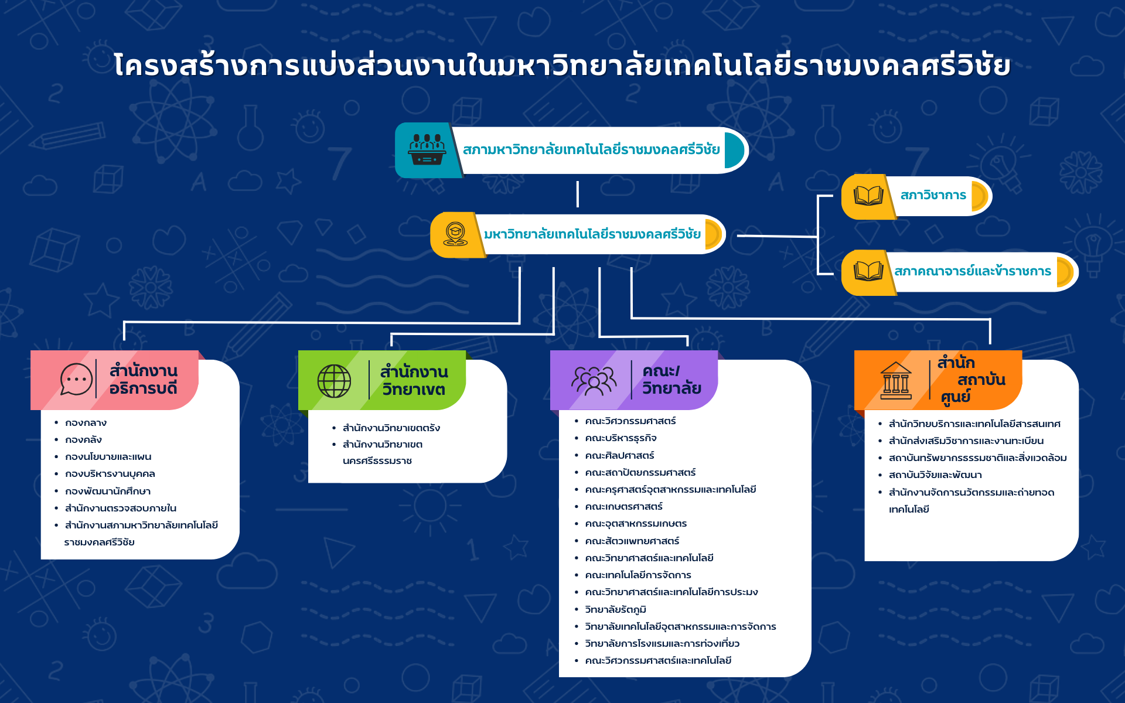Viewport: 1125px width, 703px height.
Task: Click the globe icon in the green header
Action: pyautogui.click(x=334, y=381)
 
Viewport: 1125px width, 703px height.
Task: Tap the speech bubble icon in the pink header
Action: pyautogui.click(x=76, y=380)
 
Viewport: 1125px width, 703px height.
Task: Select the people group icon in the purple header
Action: pyautogui.click(x=594, y=381)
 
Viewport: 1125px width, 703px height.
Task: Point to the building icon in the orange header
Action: pyautogui.click(x=896, y=381)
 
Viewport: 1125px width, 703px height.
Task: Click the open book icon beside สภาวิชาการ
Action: pyautogui.click(x=868, y=196)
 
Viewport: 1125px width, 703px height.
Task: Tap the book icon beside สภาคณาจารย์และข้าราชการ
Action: pyautogui.click(x=868, y=271)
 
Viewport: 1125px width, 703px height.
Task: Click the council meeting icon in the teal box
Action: pyautogui.click(x=427, y=150)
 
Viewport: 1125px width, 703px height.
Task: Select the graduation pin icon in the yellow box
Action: pyautogui.click(x=455, y=234)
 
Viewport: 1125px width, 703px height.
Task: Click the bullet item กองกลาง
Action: pyautogui.click(x=86, y=423)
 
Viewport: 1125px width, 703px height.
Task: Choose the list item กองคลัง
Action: pyautogui.click(x=84, y=440)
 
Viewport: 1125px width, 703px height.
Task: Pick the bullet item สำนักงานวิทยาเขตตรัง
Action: pyautogui.click(x=391, y=428)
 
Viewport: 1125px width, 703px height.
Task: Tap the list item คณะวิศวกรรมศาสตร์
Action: pyautogui.click(x=630, y=421)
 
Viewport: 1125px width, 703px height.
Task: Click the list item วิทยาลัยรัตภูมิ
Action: pyautogui.click(x=615, y=610)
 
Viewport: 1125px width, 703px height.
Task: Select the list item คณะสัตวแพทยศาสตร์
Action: pyautogui.click(x=632, y=541)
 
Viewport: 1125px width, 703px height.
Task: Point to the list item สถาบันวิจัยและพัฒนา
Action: pyautogui.click(x=935, y=475)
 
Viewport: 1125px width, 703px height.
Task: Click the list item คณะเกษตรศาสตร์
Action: pyautogui.click(x=624, y=507)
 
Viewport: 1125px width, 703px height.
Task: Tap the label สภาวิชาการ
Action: pyautogui.click(x=933, y=195)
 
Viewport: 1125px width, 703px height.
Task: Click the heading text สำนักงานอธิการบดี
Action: pyautogui.click(x=144, y=380)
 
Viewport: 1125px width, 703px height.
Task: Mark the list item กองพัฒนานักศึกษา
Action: pyautogui.click(x=108, y=492)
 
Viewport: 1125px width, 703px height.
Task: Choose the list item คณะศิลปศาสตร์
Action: pyautogui.click(x=619, y=456)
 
